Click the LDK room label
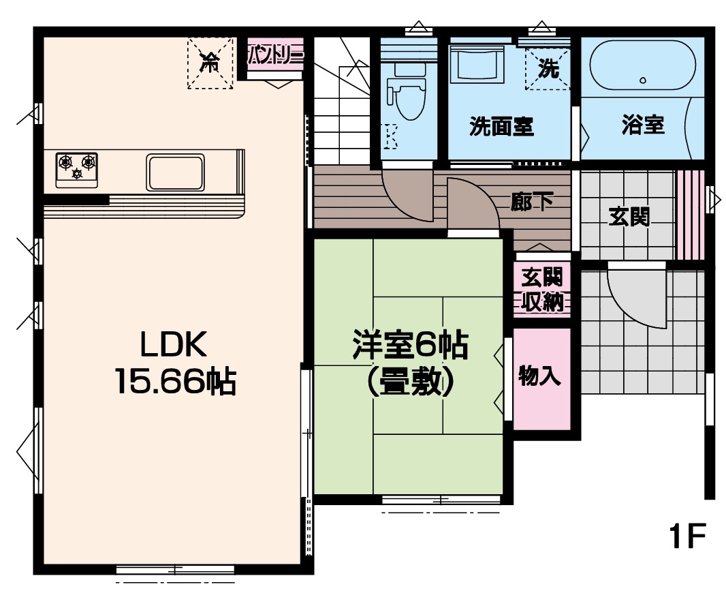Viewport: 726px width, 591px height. tap(174, 344)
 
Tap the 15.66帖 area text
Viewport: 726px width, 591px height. tap(176, 381)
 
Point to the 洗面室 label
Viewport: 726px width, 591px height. tap(501, 126)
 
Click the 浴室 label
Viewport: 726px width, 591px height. tap(643, 125)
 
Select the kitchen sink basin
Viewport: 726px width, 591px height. tap(175, 172)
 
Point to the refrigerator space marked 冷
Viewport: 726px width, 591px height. tap(210, 63)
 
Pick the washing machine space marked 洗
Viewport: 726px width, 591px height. tap(548, 68)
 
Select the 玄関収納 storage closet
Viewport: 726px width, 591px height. tap(541, 289)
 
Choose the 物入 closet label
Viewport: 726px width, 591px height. tap(540, 375)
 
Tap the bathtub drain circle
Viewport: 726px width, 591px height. tap(643, 80)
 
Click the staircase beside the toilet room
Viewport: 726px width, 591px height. tap(342, 101)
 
